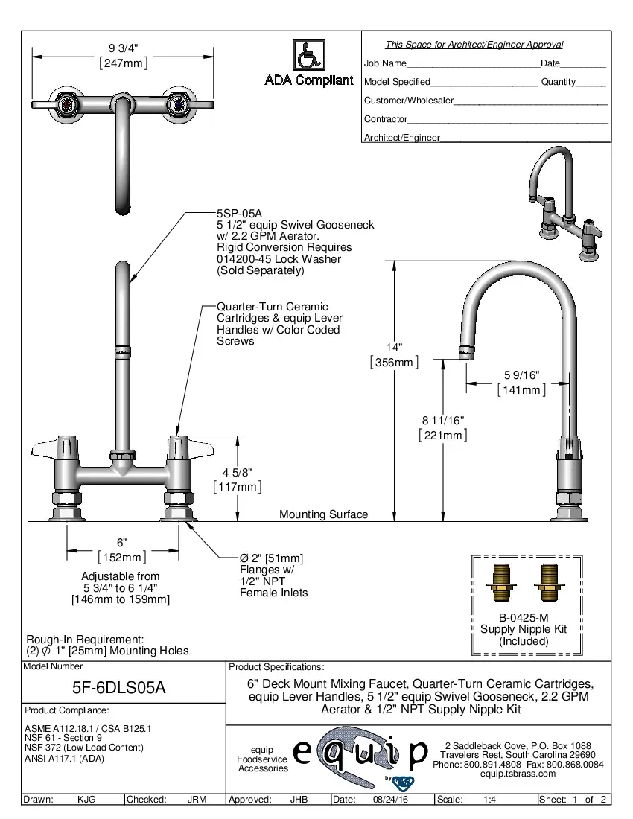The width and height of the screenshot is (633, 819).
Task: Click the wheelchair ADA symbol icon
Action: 308,56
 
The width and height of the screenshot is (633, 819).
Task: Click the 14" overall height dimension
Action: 394,348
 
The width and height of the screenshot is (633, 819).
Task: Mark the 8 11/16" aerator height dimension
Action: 443,421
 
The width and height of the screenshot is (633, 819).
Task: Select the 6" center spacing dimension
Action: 122,542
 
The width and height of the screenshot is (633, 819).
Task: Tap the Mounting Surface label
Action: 323,514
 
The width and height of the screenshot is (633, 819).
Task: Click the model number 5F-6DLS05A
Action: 124,689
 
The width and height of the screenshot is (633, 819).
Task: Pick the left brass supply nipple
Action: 502,583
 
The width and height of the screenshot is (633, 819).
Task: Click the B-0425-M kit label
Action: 524,617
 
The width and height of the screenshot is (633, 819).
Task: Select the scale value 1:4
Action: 490,800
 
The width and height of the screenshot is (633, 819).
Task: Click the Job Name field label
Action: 385,64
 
